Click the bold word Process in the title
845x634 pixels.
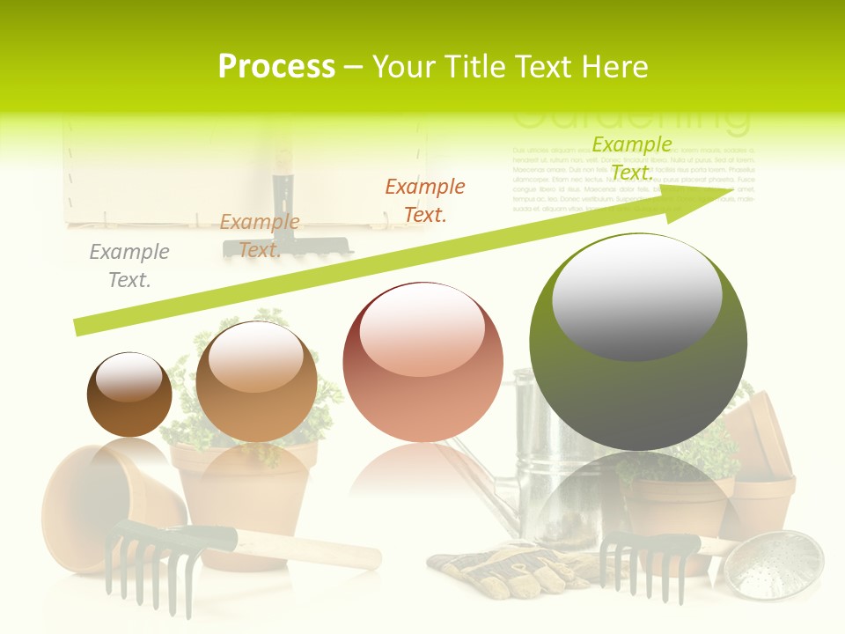[276, 66]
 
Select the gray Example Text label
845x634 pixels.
[129, 266]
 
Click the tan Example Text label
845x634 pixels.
[259, 236]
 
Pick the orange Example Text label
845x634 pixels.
[425, 200]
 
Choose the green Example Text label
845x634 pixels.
[632, 158]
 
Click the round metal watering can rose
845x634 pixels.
[779, 564]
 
